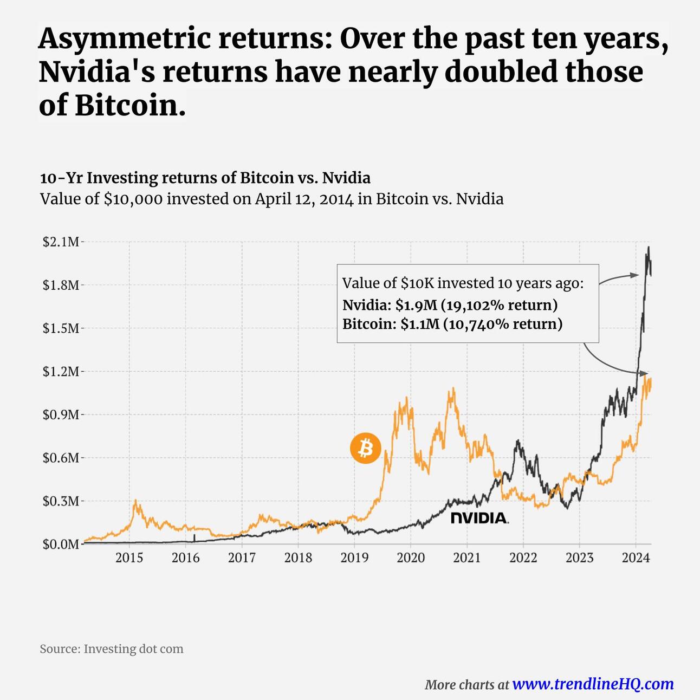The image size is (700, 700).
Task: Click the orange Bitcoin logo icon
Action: (365, 449)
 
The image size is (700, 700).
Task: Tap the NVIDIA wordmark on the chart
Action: (479, 518)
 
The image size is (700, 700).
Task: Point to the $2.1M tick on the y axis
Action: (61, 242)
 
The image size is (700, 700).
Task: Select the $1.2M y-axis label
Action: (61, 372)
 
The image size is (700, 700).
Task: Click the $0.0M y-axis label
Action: (61, 544)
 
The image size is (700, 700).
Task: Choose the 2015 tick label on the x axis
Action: (129, 558)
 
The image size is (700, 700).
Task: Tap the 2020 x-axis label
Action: (411, 558)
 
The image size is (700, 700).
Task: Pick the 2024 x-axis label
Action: (636, 558)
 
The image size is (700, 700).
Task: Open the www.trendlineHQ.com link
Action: (593, 684)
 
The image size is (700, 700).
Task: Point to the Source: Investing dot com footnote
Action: (112, 649)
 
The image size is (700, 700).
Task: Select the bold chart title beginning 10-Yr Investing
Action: (205, 178)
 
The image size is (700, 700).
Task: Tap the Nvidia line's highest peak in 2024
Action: (649, 248)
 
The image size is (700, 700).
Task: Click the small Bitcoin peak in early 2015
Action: (135, 501)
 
